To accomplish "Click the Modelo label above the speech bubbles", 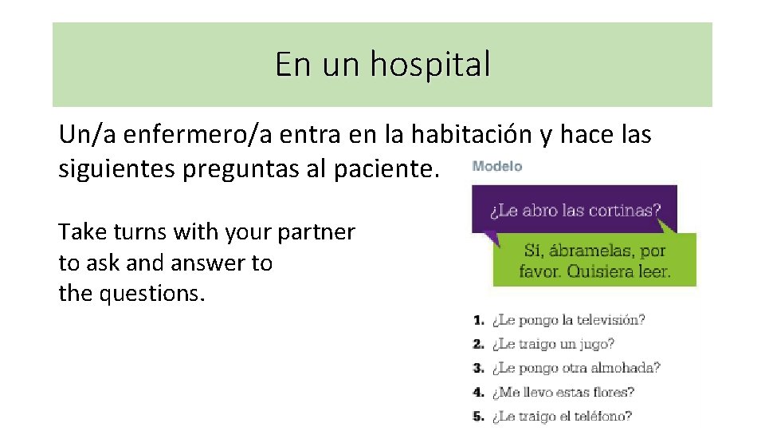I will tap(497, 166).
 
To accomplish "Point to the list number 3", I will tap(478, 368).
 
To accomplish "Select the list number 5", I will tap(478, 416).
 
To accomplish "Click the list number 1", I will tap(478, 320).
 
